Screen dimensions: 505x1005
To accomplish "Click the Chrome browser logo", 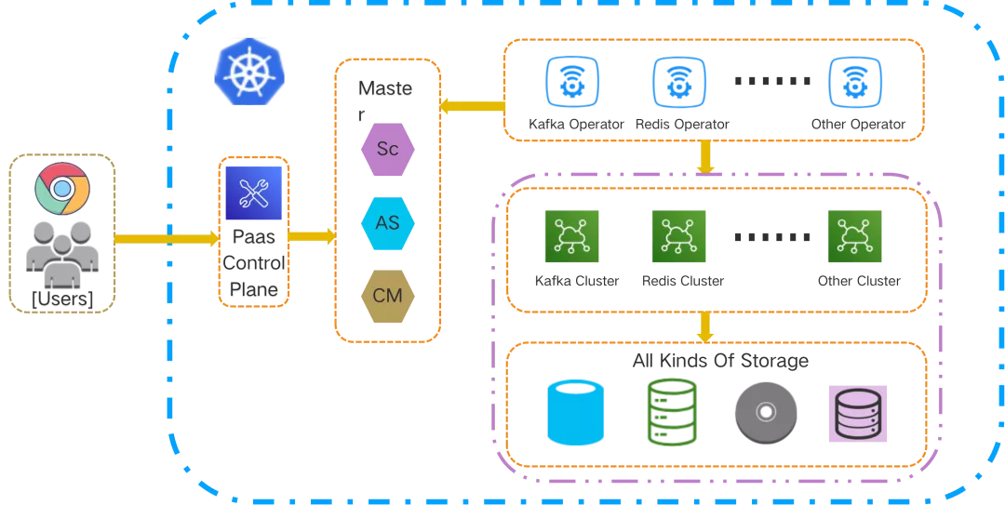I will [x=61, y=189].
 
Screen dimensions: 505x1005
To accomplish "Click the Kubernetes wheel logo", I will [x=248, y=71].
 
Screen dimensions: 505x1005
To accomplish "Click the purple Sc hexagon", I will [x=387, y=148].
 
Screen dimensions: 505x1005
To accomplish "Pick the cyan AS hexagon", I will [x=387, y=223].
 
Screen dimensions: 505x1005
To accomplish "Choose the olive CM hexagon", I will [x=387, y=297].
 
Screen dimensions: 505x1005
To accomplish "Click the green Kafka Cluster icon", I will [x=571, y=237].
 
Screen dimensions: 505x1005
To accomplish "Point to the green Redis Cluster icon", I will [x=678, y=237].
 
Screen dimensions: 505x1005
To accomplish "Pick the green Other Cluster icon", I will [x=855, y=237].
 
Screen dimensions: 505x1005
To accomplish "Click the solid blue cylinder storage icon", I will [x=575, y=413].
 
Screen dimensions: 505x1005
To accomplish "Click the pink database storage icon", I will [x=857, y=413].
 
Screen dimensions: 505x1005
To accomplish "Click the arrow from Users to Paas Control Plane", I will [x=167, y=239].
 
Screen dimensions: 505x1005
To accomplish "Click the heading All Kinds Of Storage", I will [x=719, y=361].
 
